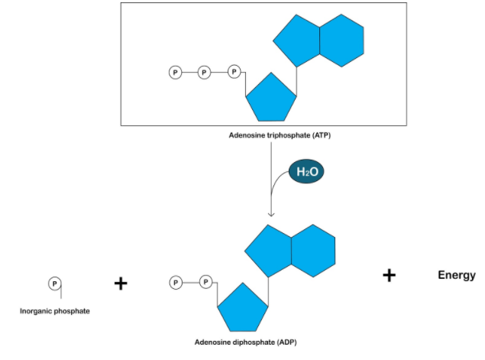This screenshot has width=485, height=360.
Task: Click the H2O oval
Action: click(x=306, y=173)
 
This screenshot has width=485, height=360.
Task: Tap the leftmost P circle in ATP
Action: click(x=176, y=73)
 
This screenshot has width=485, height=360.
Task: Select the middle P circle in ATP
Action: click(x=204, y=73)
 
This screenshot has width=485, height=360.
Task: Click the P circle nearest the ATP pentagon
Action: click(x=234, y=73)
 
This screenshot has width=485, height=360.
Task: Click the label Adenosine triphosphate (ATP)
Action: click(x=280, y=135)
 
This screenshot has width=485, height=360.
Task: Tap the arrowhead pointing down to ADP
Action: click(x=272, y=213)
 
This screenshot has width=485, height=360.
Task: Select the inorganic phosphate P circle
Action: click(x=53, y=283)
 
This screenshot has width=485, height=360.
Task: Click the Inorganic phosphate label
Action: click(x=55, y=311)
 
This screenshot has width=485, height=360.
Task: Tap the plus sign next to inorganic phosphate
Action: click(x=120, y=284)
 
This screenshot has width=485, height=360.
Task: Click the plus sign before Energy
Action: click(x=390, y=275)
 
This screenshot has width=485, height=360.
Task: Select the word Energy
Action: click(x=457, y=275)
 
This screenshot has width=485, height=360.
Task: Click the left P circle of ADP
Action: click(x=176, y=282)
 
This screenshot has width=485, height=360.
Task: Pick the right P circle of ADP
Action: click(x=205, y=282)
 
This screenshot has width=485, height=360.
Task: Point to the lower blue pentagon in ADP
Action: click(x=242, y=308)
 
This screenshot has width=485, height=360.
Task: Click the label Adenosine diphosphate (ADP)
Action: click(x=242, y=343)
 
